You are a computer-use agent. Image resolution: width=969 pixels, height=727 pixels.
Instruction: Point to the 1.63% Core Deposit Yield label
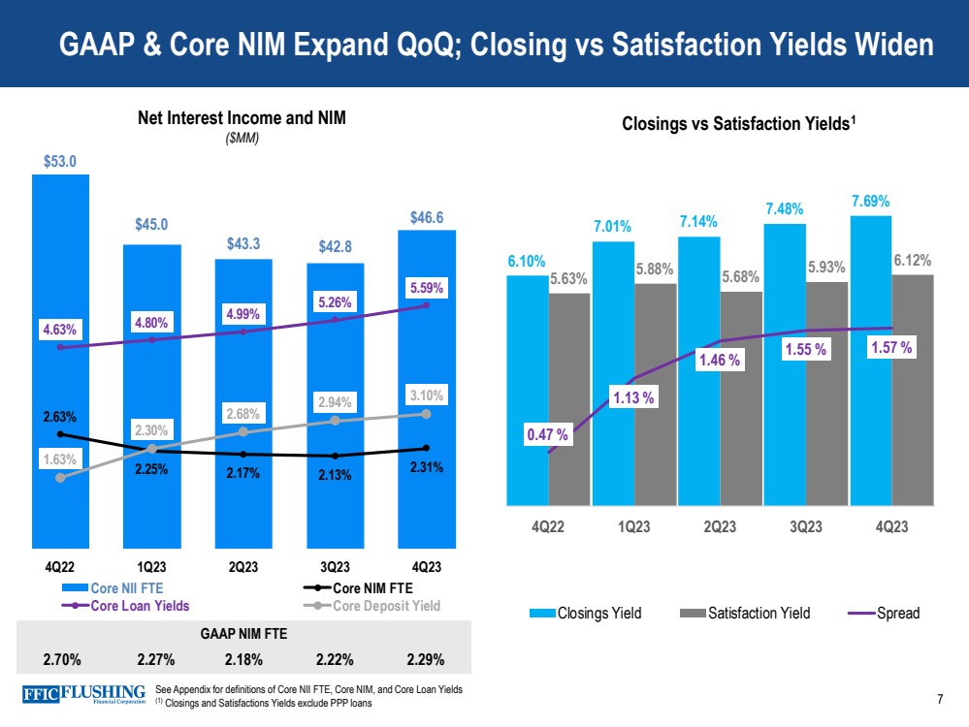click(60, 461)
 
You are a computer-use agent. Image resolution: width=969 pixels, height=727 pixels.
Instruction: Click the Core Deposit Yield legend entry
click(386, 606)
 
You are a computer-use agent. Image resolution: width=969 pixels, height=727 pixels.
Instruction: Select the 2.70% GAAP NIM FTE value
click(61, 660)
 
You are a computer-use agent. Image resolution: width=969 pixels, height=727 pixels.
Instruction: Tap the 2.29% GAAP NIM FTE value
click(426, 660)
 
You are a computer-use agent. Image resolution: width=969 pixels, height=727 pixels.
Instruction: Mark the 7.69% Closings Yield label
click(870, 201)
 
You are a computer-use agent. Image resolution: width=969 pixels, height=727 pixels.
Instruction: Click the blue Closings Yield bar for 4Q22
click(527, 388)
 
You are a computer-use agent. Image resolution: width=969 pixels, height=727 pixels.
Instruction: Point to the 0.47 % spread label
click(548, 436)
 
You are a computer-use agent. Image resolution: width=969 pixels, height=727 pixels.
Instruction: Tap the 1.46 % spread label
click(720, 361)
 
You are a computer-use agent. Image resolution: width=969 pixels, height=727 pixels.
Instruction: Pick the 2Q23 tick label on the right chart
click(719, 527)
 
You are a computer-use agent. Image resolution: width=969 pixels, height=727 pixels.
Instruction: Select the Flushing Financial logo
click(83, 695)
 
